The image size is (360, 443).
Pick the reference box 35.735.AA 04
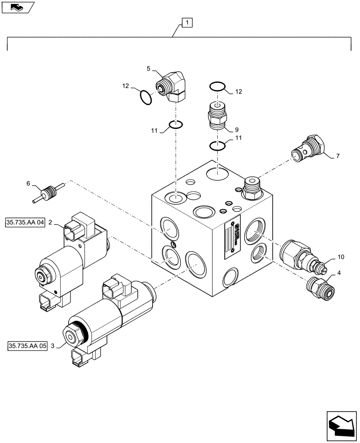[x=26, y=222]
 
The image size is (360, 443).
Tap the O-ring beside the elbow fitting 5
[x=145, y=97]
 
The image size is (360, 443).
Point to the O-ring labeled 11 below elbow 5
[x=176, y=124]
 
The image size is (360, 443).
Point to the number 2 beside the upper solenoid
[x=51, y=222]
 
